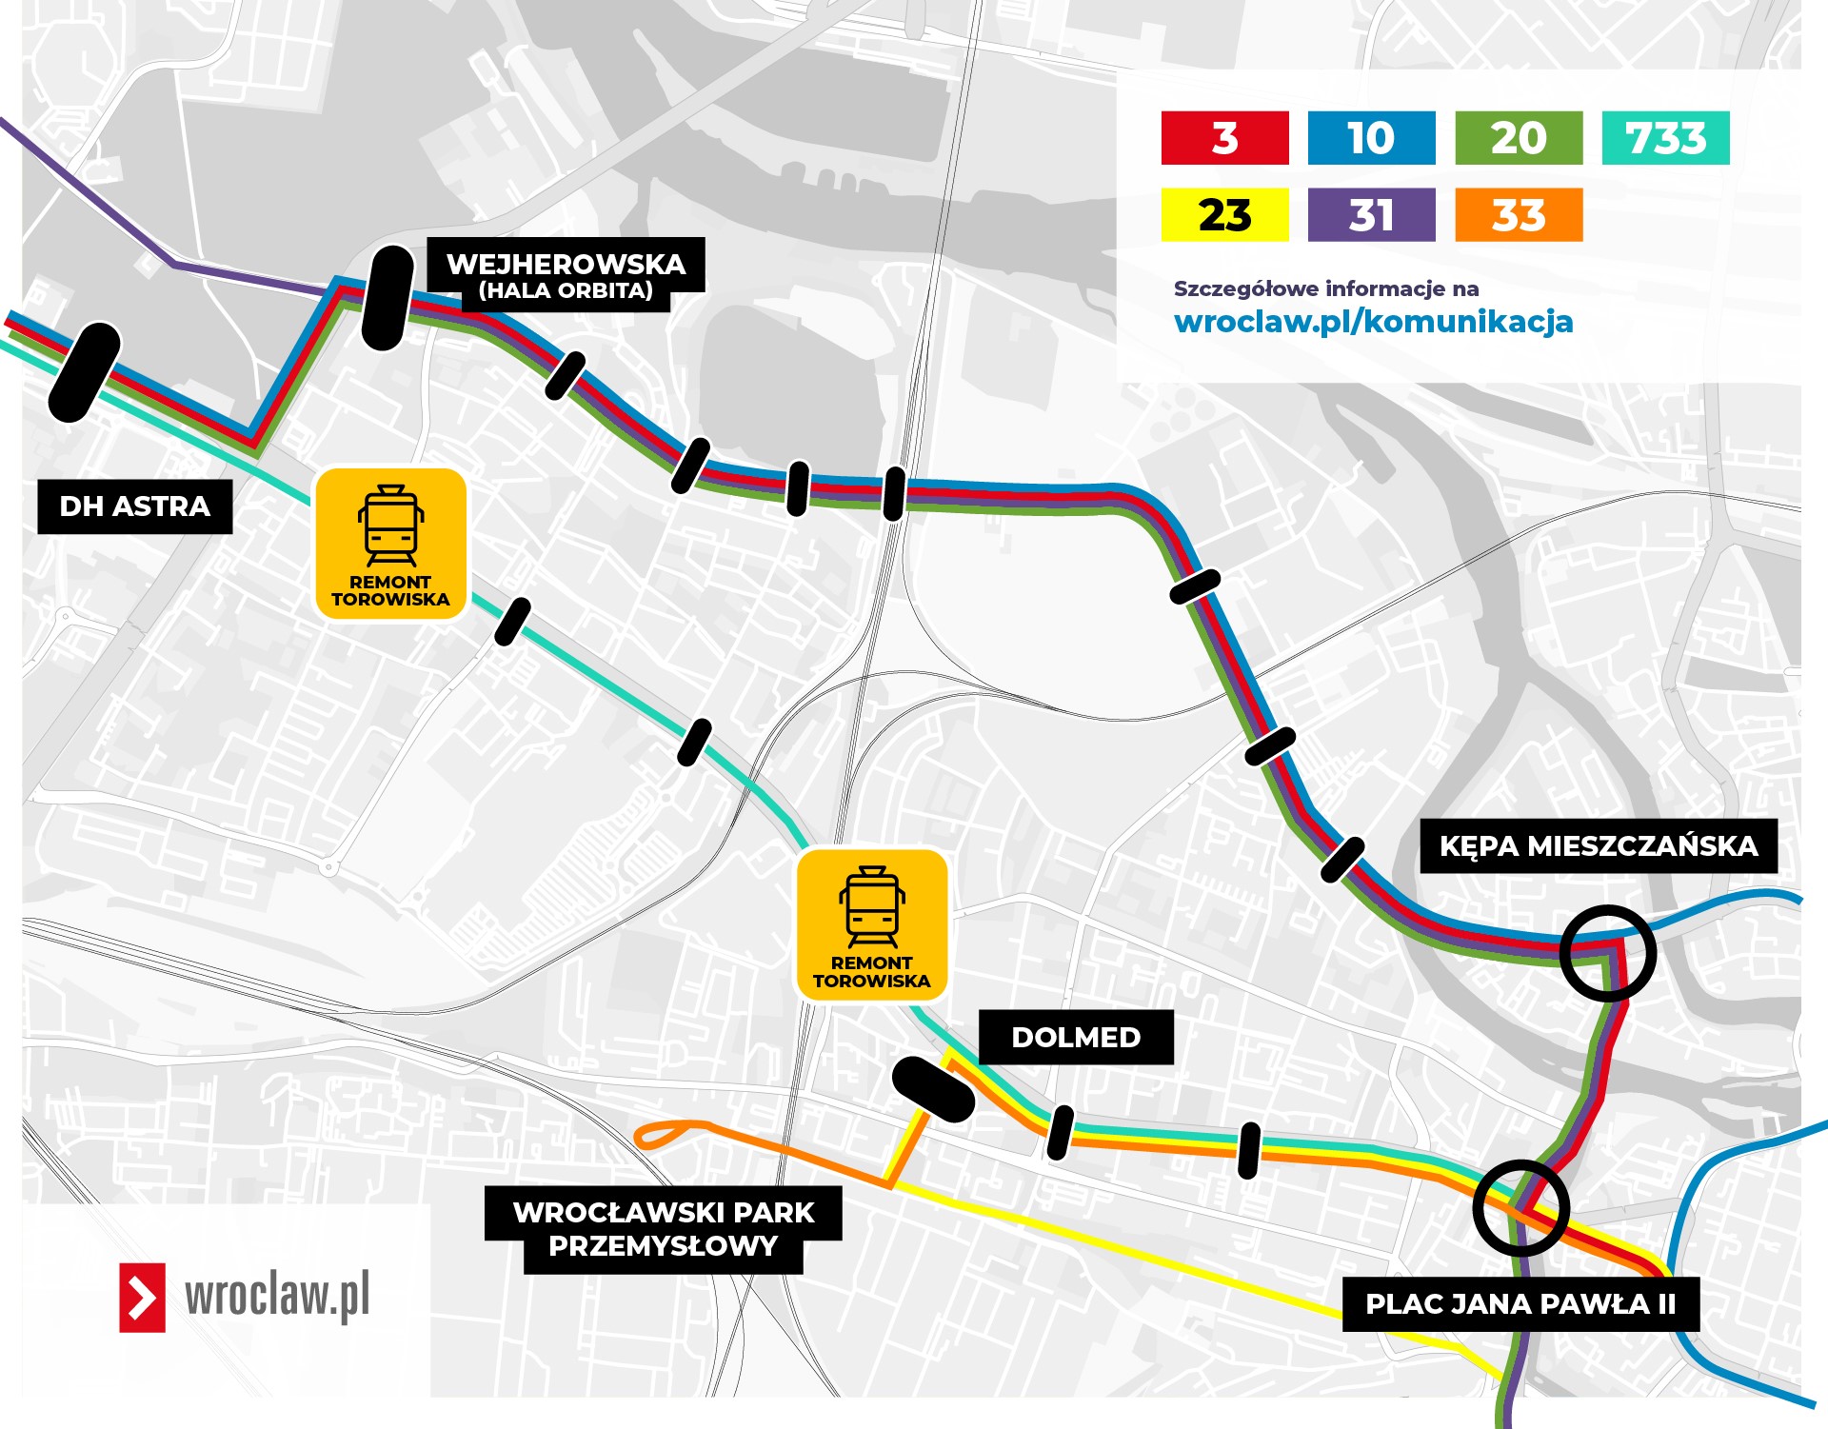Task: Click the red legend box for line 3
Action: click(1224, 138)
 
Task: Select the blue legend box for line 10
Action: click(1371, 138)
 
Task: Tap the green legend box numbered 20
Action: click(1519, 138)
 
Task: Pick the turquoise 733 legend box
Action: click(1665, 138)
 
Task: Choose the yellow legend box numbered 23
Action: click(1224, 215)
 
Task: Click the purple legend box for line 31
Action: click(1371, 215)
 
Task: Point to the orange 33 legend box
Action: click(1519, 215)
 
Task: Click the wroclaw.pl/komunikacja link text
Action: click(1373, 322)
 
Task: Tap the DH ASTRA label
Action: click(135, 506)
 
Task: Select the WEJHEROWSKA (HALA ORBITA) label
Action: click(566, 274)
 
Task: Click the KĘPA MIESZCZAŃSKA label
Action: click(1598, 845)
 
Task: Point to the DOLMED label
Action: click(1076, 1037)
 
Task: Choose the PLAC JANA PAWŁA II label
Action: click(1520, 1303)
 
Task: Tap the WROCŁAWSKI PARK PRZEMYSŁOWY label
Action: click(664, 1229)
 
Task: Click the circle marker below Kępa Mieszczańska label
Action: click(1608, 953)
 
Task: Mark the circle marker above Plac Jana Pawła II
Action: click(1520, 1207)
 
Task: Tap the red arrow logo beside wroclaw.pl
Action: click(142, 1297)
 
